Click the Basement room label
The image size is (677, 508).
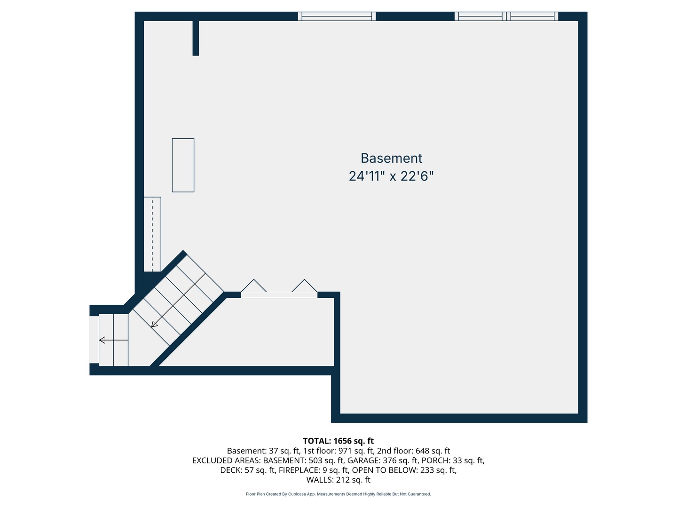(x=391, y=158)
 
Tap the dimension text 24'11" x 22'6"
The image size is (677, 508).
(x=391, y=176)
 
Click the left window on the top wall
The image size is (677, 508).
(x=337, y=16)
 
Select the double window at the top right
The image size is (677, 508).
(x=506, y=16)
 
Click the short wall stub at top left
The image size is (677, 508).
(x=196, y=38)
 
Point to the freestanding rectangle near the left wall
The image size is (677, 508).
(x=183, y=165)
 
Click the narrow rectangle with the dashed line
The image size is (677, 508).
(x=152, y=234)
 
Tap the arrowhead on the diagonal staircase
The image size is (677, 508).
(x=154, y=325)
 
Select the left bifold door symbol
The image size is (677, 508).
(x=254, y=286)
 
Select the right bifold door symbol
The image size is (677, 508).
(x=305, y=286)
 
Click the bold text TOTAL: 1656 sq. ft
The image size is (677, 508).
(x=338, y=441)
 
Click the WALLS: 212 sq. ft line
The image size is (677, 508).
(x=338, y=480)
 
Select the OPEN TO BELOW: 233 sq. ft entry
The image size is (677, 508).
(x=404, y=470)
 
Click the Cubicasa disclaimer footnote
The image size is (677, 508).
(x=338, y=494)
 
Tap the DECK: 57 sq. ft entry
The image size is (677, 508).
(x=248, y=470)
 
